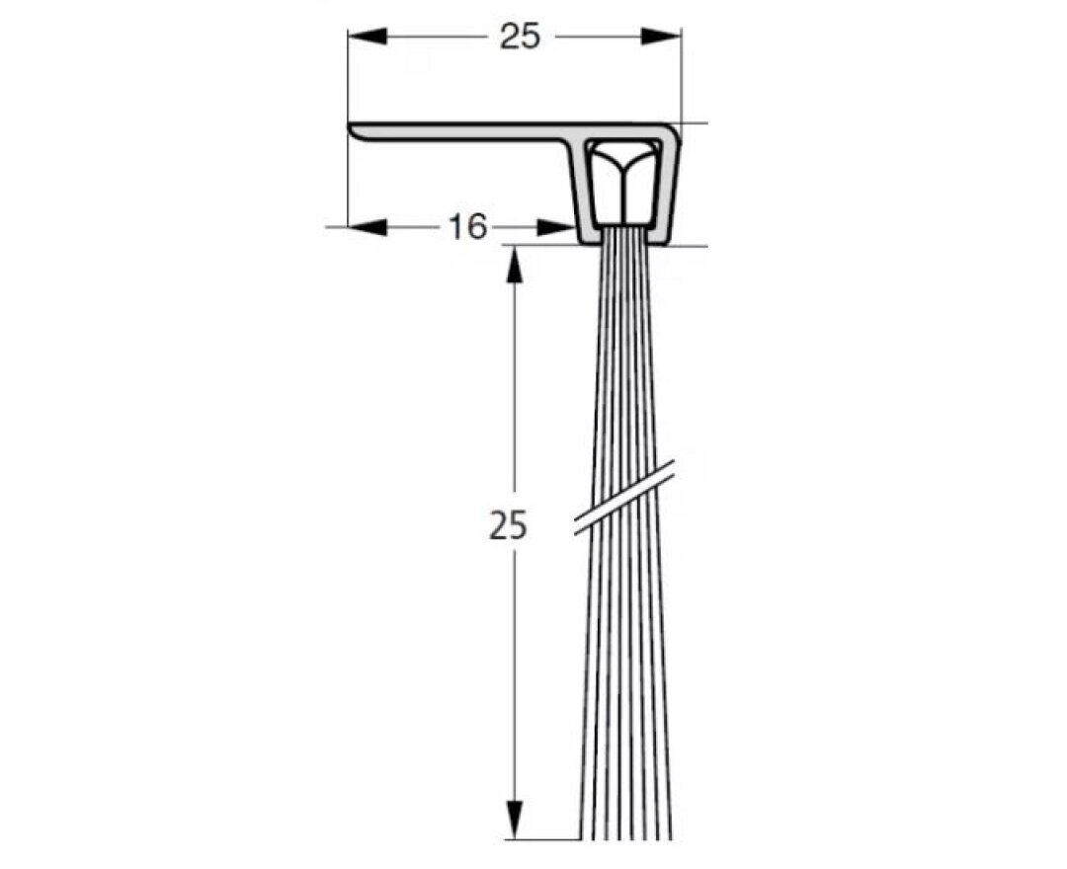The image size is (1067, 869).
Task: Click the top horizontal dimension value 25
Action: pos(520,37)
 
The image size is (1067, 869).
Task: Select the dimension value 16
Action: pos(467,227)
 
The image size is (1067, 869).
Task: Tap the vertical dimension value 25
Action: pos(508,525)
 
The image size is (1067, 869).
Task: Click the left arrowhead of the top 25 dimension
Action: pos(367,37)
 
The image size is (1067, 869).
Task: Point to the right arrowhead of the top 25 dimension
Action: pos(662,37)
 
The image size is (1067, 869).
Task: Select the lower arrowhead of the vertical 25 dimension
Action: pos(514,820)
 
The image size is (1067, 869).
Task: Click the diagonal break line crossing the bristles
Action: pos(624,499)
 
